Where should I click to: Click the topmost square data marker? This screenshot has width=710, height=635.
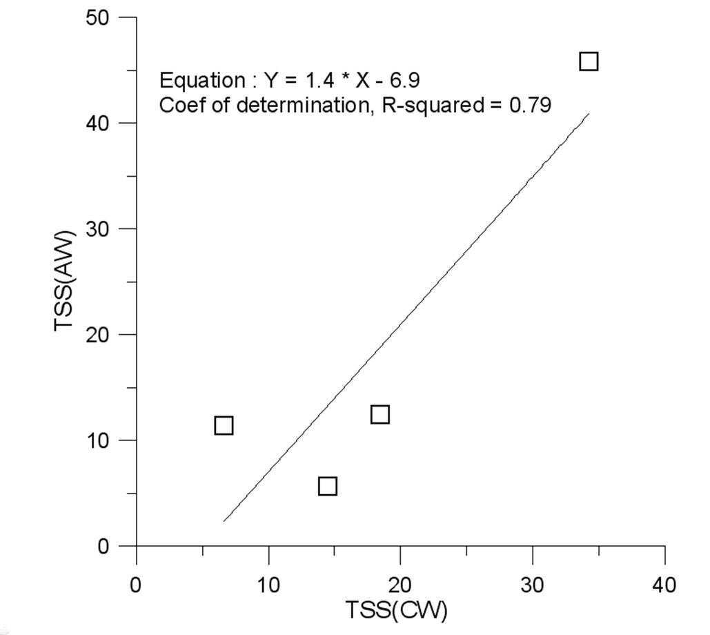tap(589, 61)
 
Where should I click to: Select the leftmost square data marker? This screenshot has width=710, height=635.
tap(224, 425)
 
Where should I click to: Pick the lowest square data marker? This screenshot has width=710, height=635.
tap(328, 486)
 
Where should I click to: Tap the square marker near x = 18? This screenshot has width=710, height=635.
tap(380, 414)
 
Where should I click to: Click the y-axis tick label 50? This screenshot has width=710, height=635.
tap(97, 18)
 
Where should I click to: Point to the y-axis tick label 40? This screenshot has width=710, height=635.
tap(97, 123)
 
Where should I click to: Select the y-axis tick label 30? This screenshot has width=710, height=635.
tap(97, 229)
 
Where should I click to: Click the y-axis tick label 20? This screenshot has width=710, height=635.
tap(97, 335)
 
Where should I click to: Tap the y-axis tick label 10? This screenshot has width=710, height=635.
tap(98, 440)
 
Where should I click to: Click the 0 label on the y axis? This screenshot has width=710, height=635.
tap(103, 546)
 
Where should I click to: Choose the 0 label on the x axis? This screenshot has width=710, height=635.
tap(135, 585)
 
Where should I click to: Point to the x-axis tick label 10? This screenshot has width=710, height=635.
tap(268, 585)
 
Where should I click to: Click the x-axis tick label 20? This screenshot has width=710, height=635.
tap(400, 585)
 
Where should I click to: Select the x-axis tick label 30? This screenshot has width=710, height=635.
tap(532, 585)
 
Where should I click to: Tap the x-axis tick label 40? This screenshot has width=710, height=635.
tap(664, 585)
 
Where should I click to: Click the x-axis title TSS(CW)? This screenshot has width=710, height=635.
tap(397, 609)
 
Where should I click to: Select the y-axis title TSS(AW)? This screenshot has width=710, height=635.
tap(64, 282)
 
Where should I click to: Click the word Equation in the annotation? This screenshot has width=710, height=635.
tap(202, 81)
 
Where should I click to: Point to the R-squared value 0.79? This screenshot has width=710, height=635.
tap(530, 105)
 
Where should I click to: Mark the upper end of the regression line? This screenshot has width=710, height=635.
tap(589, 113)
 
